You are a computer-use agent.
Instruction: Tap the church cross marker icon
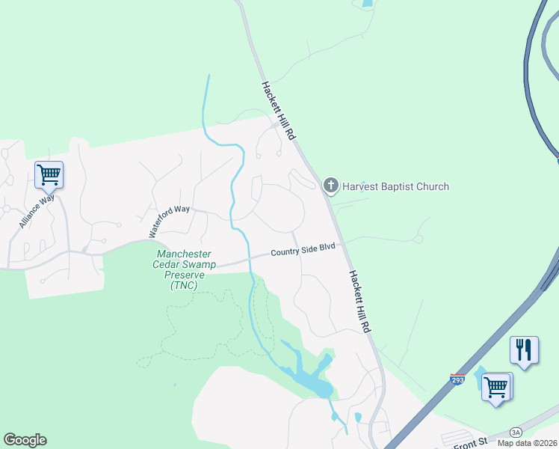330,186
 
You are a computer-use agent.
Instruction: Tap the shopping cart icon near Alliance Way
49,175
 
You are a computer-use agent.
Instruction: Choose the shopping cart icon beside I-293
496,388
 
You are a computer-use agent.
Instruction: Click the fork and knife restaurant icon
524,349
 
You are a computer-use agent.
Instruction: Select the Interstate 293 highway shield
457,379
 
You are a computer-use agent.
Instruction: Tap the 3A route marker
516,432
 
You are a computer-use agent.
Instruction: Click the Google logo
25,440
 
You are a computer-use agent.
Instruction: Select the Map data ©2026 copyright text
528,443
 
